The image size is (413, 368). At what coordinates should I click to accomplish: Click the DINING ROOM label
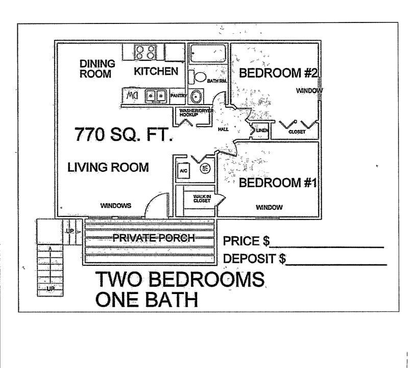[97, 69]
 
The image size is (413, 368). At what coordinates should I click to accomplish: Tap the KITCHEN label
[156, 71]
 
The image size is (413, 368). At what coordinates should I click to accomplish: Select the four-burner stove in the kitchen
[145, 52]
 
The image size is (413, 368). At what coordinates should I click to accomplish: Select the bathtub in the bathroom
[208, 54]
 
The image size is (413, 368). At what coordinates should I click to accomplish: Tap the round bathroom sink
[195, 96]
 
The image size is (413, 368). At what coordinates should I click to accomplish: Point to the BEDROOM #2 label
[278, 73]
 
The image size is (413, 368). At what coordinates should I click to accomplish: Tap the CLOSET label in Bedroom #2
[297, 132]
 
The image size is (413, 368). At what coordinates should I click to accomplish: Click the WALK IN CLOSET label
[202, 199]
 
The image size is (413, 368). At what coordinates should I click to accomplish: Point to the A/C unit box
[183, 171]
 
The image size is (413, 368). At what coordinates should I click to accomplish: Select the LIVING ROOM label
[108, 167]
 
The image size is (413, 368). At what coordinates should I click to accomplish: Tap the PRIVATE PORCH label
[153, 238]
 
